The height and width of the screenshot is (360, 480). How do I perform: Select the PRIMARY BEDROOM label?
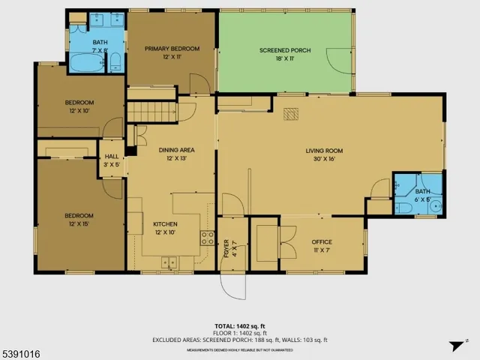[x=172, y=49]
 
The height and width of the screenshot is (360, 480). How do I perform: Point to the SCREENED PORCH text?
[x=285, y=50]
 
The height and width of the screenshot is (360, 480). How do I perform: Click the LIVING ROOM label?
[x=324, y=151]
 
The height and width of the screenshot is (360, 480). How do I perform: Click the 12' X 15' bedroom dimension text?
[x=79, y=223]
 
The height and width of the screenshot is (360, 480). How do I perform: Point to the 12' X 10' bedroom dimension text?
[x=79, y=110]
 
